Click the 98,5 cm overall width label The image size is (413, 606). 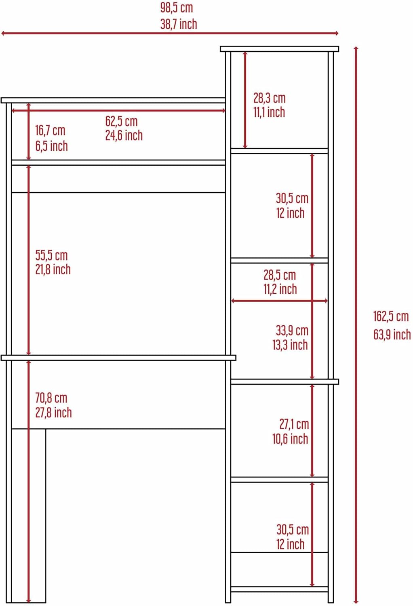pos(177,8)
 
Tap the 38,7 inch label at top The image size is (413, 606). pos(179,24)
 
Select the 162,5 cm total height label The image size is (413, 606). pos(391,316)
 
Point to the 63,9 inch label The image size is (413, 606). pos(392,335)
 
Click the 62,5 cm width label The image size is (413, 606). pos(122,121)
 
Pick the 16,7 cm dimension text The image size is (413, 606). pos(51,130)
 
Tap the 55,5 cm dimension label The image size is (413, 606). pos(51,255)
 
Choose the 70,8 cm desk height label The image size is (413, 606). pos(51,398)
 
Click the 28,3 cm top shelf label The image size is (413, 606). pos(269,98)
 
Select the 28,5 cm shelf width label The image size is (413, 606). pos(280,275)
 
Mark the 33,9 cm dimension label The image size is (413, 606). pos(292,330)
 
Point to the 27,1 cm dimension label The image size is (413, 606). pos(294,424)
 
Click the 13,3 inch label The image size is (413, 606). pos(290,345)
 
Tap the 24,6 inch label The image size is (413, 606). pos(124,135)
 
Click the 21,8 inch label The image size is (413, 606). pos(53,269)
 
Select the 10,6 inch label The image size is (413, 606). pos(290,438)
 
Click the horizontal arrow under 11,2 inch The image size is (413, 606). pos(279,301)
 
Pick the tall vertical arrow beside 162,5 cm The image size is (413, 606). pos(356,325)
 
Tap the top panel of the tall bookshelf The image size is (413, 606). pos(279,49)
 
